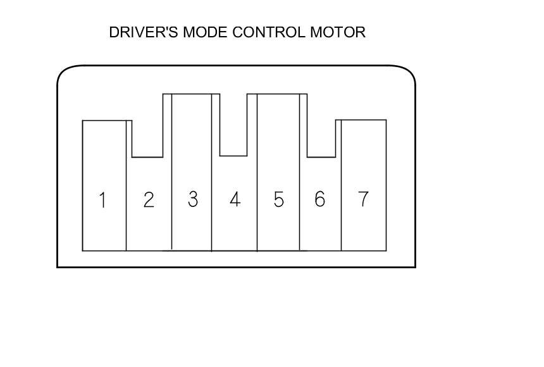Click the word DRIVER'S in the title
(x=144, y=32)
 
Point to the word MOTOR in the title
(x=337, y=32)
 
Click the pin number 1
(x=102, y=201)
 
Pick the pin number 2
(x=149, y=200)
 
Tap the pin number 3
(x=192, y=199)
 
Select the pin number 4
(x=235, y=200)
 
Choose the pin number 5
(x=278, y=200)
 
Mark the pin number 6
(x=319, y=199)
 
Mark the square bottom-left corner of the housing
(x=58, y=266)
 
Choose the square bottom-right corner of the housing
(x=415, y=266)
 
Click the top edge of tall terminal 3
(x=191, y=94)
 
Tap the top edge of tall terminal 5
(x=278, y=94)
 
